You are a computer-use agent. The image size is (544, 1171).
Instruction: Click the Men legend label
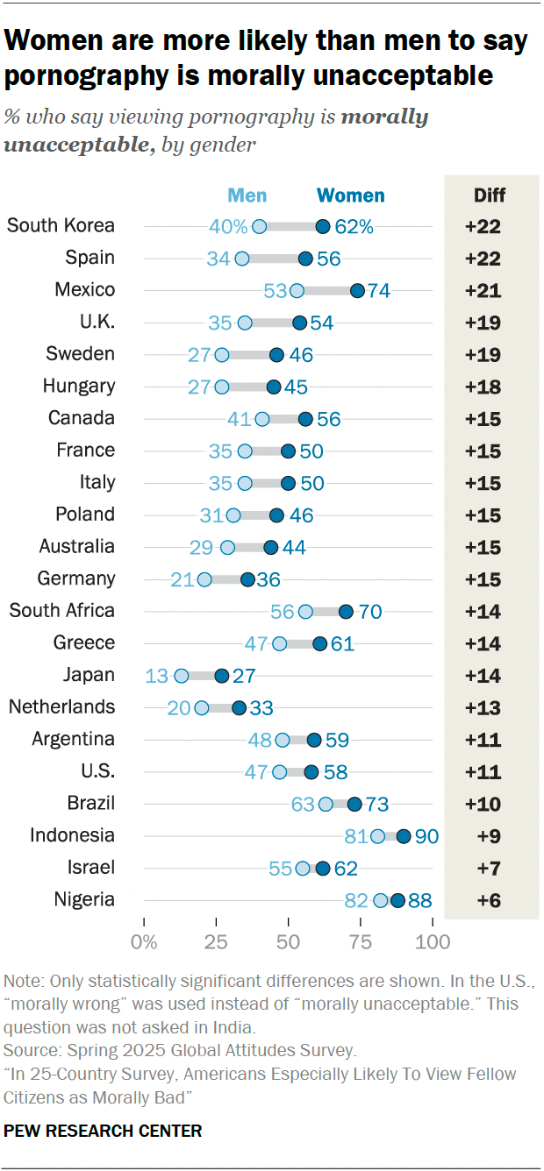(247, 195)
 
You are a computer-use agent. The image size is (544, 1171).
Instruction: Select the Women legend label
(350, 195)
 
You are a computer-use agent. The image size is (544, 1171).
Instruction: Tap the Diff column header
(490, 195)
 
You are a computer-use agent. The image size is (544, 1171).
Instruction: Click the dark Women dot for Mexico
(357, 290)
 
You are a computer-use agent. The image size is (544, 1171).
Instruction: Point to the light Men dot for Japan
(182, 676)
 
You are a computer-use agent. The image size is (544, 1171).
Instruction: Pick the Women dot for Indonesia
(404, 836)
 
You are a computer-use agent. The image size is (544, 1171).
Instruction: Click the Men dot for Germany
(204, 579)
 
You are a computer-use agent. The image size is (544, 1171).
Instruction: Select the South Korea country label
(61, 225)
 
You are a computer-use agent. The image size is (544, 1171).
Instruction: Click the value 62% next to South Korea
(354, 226)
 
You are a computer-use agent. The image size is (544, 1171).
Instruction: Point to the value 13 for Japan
(157, 676)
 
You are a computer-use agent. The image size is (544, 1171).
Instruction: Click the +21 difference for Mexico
(483, 290)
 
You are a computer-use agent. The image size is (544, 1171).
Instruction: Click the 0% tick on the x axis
(144, 942)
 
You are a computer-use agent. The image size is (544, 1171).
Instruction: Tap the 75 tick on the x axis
(361, 942)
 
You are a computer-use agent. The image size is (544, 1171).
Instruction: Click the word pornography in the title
(93, 75)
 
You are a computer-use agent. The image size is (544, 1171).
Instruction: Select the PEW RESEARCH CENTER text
(103, 1131)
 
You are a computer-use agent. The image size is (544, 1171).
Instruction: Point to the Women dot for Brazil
(354, 804)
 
